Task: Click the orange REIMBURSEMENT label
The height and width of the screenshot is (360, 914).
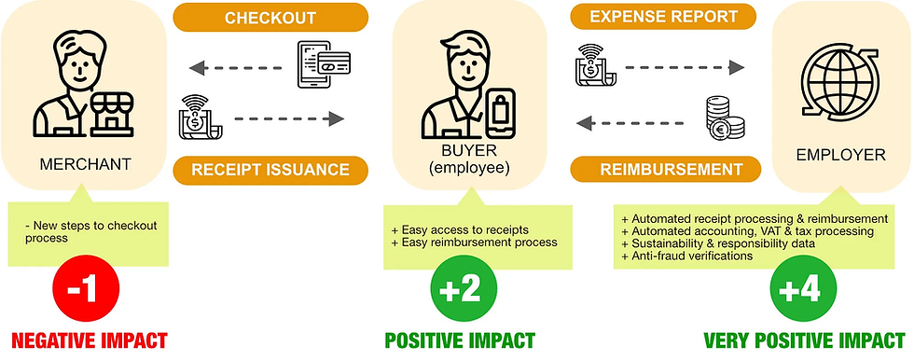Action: (664, 172)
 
